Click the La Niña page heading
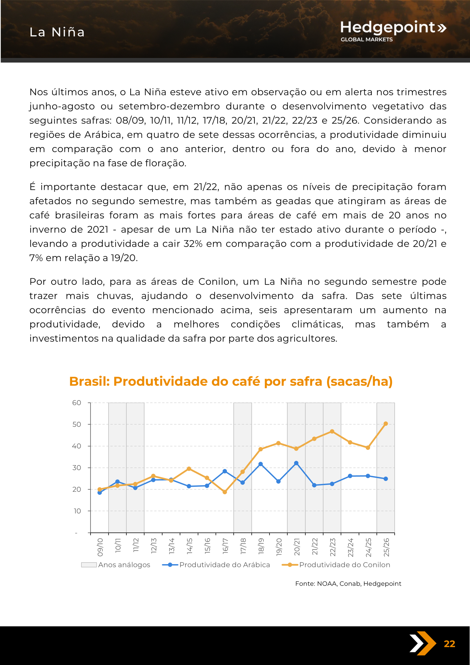(57, 32)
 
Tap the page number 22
(449, 643)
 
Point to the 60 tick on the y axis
(77, 403)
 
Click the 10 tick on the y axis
(77, 511)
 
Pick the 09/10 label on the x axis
(100, 547)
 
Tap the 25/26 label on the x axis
(386, 547)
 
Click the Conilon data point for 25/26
(386, 423)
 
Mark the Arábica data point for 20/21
(296, 463)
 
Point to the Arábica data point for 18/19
(260, 464)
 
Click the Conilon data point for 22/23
(332, 431)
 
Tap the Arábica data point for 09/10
(100, 493)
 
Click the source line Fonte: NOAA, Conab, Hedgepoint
(348, 583)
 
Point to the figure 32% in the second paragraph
(193, 244)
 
